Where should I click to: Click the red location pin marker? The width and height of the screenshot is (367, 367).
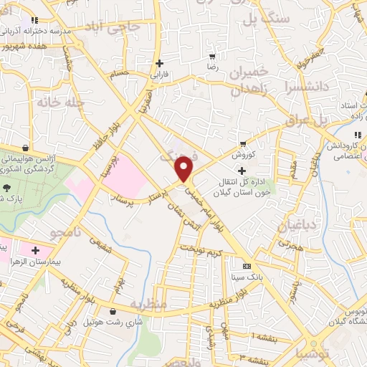(185, 168)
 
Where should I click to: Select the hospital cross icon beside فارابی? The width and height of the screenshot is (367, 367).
(159, 63)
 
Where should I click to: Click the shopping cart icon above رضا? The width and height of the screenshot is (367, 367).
(212, 56)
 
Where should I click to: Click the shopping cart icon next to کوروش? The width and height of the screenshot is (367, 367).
(244, 143)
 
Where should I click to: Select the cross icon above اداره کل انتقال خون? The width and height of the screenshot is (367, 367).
(242, 171)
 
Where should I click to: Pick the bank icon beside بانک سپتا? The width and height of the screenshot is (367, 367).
(247, 264)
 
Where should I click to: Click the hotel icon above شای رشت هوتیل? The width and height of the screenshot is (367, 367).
(115, 311)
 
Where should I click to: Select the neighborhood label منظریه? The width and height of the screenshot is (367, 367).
(150, 304)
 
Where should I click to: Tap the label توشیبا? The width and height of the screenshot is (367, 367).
(315, 352)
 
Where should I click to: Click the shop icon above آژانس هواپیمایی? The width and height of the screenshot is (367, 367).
(26, 148)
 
